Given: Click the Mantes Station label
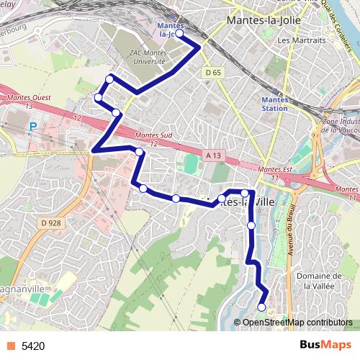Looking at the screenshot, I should pyautogui.click(x=274, y=104).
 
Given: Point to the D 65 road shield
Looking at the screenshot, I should pyautogui.click(x=212, y=73).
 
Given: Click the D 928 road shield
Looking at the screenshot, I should pyautogui.click(x=51, y=223).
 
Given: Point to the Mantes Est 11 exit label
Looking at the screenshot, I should pyautogui.click(x=274, y=171).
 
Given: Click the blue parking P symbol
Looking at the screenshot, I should pyautogui.click(x=32, y=126).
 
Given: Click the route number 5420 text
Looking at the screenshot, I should pyautogui.click(x=33, y=346).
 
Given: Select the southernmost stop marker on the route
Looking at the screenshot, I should pyautogui.click(x=261, y=307).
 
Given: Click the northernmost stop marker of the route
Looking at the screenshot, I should pyautogui.click(x=179, y=33).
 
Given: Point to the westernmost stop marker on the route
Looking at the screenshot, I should pyautogui.click(x=98, y=97).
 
